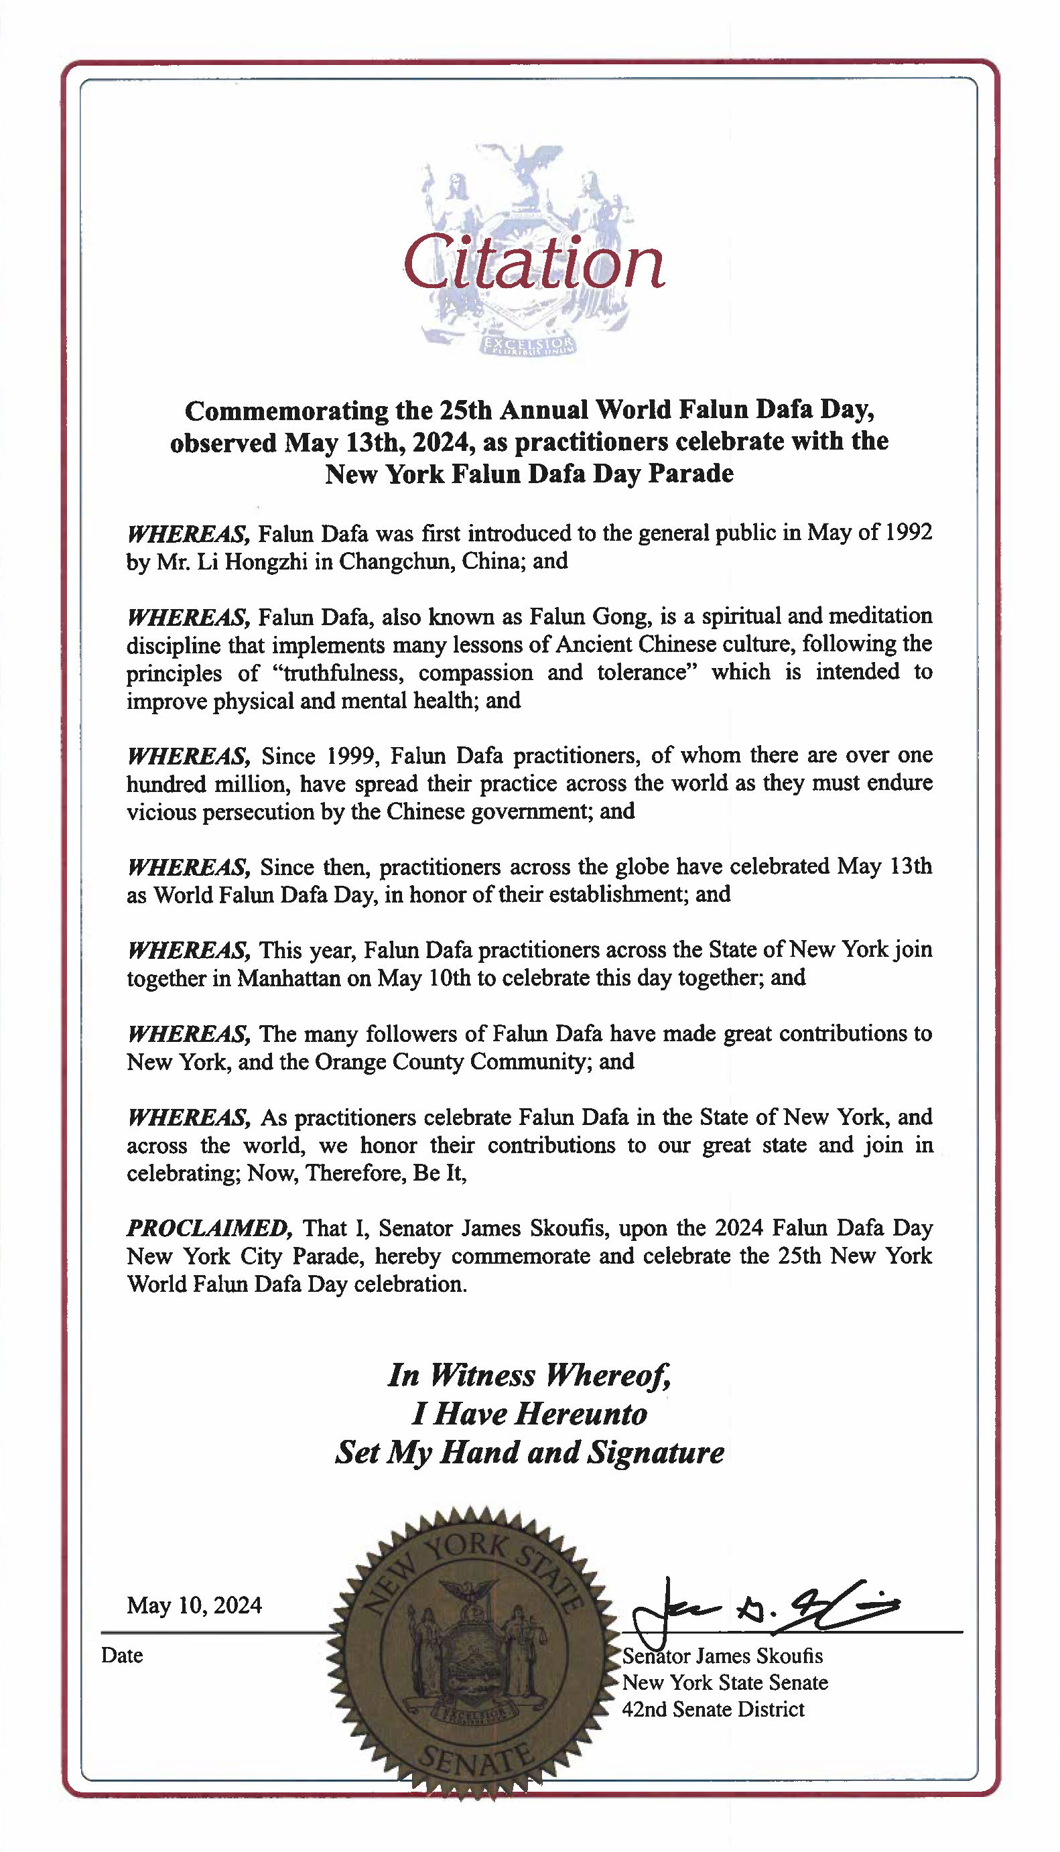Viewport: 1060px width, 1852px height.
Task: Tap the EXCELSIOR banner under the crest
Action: [529, 344]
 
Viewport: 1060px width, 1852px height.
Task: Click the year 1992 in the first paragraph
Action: [909, 532]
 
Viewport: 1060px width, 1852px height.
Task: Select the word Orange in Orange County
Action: [351, 1061]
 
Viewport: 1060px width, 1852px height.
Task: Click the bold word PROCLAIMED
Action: [210, 1228]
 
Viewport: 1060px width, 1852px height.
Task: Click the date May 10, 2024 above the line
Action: [194, 1605]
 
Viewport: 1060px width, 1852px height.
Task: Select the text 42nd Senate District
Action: [713, 1709]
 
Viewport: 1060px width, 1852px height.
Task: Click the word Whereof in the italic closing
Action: [608, 1375]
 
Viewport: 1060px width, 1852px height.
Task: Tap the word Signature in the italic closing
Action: [656, 1453]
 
